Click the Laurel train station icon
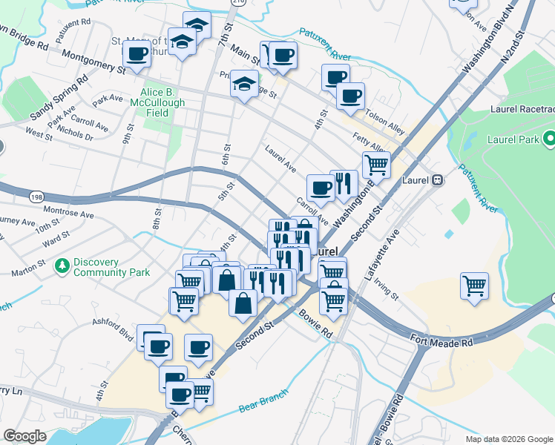tap(438, 179)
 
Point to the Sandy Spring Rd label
tap(56, 108)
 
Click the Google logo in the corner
tap(24, 436)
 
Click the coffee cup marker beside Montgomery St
tap(137, 53)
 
